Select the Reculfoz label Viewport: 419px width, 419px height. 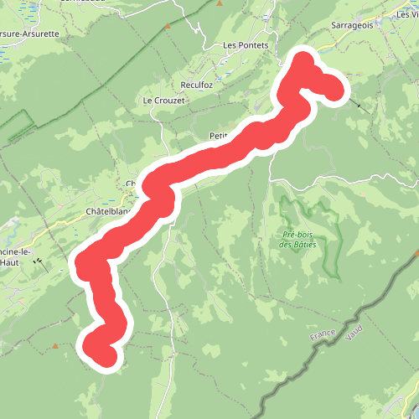point(199,85)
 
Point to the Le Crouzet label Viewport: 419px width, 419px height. point(163,101)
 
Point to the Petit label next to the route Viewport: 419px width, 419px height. point(219,135)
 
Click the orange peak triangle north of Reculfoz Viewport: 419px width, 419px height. point(168,26)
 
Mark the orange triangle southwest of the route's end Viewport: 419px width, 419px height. point(55,345)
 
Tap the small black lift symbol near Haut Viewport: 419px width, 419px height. point(38,261)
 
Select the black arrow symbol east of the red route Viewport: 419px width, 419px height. point(362,106)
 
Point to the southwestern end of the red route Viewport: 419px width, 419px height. point(105,355)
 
